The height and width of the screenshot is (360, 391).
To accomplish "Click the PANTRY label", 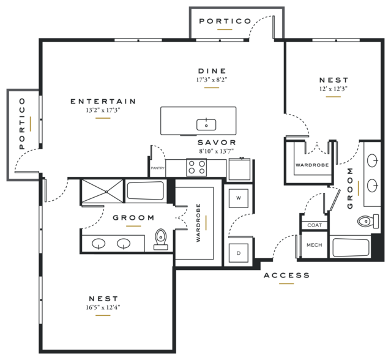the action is (x=158, y=168).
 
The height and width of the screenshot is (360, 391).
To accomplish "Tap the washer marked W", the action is (x=239, y=198).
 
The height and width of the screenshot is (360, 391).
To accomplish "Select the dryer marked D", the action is (x=239, y=253).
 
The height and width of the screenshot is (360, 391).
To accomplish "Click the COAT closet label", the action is (x=315, y=225).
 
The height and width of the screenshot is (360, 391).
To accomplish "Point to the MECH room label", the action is (x=314, y=245).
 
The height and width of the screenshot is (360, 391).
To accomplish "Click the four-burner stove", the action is (x=196, y=167).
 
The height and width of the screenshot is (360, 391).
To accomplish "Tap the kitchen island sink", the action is (x=206, y=125).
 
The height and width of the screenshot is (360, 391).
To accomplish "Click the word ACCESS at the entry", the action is (x=287, y=276).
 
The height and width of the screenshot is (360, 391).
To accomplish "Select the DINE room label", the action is (x=212, y=71).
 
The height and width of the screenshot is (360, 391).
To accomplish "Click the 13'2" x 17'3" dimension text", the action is (x=103, y=110).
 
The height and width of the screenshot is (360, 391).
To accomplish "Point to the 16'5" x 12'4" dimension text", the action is (x=103, y=307).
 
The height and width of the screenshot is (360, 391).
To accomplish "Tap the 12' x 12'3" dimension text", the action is (x=333, y=89).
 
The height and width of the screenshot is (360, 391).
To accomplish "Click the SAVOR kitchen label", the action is (x=217, y=143).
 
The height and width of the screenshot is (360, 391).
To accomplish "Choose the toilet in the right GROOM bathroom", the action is (x=368, y=221).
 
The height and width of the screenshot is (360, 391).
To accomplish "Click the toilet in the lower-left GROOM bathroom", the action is (x=161, y=239).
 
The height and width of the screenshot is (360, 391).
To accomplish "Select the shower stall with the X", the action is (x=102, y=191).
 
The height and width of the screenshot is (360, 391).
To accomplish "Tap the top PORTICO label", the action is (x=225, y=21).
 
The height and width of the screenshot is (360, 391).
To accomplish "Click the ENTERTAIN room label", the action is (x=103, y=101).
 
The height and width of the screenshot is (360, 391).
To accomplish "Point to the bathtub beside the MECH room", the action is (x=351, y=247).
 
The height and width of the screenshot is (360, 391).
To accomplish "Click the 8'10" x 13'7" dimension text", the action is (x=217, y=151).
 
